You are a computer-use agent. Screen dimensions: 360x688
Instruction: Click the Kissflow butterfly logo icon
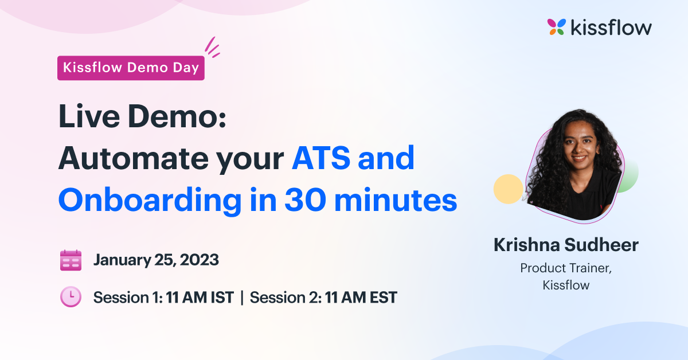click(x=557, y=27)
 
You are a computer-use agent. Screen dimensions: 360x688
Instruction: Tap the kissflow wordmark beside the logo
click(x=611, y=27)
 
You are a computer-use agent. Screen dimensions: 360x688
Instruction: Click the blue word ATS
click(x=321, y=158)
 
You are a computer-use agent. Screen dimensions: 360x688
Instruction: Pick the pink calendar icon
click(x=71, y=260)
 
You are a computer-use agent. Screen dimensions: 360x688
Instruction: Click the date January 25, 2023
click(x=156, y=260)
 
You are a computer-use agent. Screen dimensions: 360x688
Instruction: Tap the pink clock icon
click(x=71, y=297)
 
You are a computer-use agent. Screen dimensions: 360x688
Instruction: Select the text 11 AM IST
click(x=200, y=298)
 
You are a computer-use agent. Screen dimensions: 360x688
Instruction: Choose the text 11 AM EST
click(x=361, y=298)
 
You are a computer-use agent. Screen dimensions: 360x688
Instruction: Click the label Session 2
click(x=285, y=298)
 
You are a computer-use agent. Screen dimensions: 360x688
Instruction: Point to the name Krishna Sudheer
click(x=566, y=245)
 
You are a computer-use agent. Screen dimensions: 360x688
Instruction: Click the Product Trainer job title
click(x=566, y=268)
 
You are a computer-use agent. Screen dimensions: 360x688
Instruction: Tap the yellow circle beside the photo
click(x=508, y=189)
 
